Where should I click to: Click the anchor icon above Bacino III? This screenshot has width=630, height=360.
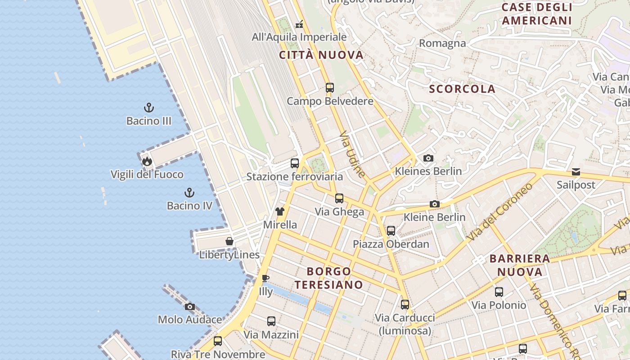pyautogui.click(x=149, y=108)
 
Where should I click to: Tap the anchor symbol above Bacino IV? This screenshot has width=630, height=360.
pyautogui.click(x=189, y=193)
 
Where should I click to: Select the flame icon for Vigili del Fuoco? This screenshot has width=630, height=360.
pyautogui.click(x=147, y=161)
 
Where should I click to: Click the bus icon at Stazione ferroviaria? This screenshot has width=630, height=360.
pyautogui.click(x=295, y=163)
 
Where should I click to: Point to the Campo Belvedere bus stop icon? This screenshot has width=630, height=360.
pyautogui.click(x=330, y=87)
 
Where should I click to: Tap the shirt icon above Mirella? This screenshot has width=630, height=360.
pyautogui.click(x=280, y=211)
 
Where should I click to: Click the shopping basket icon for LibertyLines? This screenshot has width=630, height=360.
pyautogui.click(x=229, y=242)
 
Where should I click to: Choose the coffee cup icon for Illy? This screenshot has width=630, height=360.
pyautogui.click(x=265, y=278)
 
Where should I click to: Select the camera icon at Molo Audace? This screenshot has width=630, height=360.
pyautogui.click(x=190, y=306)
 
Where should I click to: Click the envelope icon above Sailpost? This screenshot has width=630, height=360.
pyautogui.click(x=576, y=171)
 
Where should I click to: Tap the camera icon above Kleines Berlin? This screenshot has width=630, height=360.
pyautogui.click(x=428, y=158)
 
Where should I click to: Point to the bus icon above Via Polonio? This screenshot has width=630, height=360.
pyautogui.click(x=499, y=292)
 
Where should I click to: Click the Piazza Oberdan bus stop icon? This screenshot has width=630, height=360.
pyautogui.click(x=391, y=231)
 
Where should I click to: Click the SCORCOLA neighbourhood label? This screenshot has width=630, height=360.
pyautogui.click(x=462, y=89)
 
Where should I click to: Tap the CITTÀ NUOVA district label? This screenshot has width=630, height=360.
pyautogui.click(x=321, y=55)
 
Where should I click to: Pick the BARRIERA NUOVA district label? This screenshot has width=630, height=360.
pyautogui.click(x=520, y=265)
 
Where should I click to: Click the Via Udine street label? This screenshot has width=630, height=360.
pyautogui.click(x=352, y=154)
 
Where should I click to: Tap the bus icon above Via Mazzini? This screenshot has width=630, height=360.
pyautogui.click(x=271, y=321)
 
